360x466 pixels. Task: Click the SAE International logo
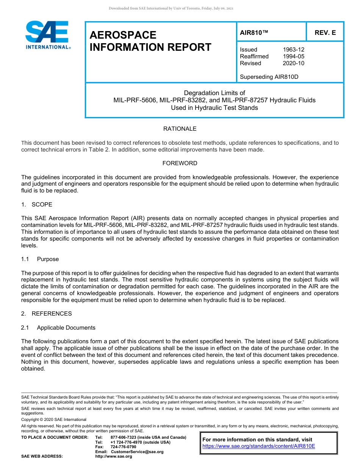47,35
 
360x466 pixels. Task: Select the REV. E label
325,33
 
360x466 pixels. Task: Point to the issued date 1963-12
293,50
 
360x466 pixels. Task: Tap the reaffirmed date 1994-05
293,56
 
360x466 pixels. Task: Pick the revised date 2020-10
293,63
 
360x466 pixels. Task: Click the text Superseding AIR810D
269,77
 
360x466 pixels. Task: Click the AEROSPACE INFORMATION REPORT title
150,41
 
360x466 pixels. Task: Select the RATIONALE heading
180,129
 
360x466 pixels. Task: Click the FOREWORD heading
180,163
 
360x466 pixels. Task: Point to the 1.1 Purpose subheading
40,259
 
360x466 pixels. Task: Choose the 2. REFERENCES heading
46,314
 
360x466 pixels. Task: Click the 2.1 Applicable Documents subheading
58,328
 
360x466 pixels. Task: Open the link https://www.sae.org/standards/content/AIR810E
259,446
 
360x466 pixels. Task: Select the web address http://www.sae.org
114,456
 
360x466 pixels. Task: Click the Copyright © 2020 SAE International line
54,419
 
